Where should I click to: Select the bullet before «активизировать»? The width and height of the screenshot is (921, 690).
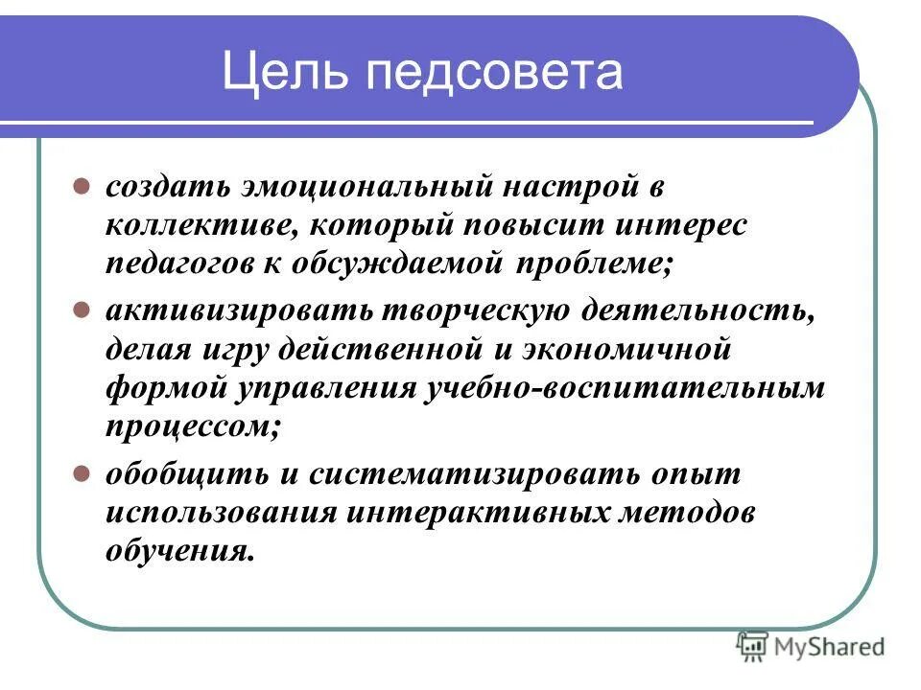point(83,310)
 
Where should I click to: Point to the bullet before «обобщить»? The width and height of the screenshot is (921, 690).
point(83,473)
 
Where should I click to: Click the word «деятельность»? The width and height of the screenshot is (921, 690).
point(704,310)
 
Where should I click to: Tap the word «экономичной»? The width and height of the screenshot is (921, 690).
point(627,350)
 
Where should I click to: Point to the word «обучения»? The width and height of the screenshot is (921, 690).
point(180,551)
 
